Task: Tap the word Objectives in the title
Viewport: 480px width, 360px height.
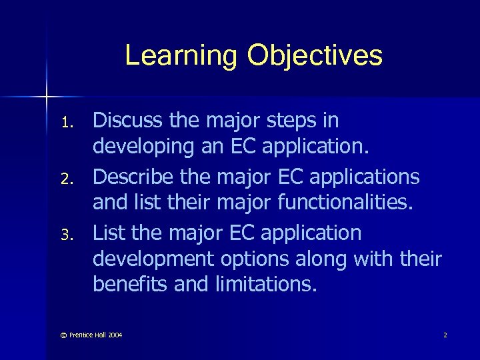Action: [314, 56]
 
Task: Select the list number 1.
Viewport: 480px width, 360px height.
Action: [65, 122]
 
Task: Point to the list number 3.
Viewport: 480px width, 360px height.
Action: [65, 235]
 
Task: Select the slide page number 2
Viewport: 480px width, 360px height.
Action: [445, 334]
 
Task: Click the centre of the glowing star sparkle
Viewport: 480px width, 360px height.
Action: [47, 97]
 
